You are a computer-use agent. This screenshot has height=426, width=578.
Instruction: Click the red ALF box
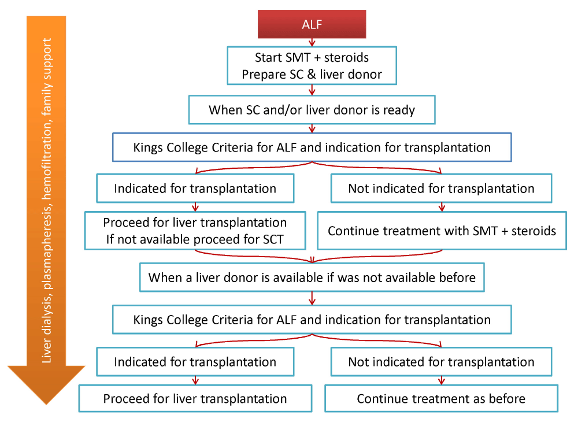(x=312, y=24)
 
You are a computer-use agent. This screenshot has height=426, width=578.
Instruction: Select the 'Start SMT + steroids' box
(x=312, y=65)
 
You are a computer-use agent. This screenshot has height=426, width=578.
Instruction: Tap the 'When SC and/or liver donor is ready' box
(x=312, y=110)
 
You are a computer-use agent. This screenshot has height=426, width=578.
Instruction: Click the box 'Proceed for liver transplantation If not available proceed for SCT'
(x=195, y=231)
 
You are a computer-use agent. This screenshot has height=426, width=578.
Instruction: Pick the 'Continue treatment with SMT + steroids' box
(x=442, y=231)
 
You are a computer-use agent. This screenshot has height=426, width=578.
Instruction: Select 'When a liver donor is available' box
(x=312, y=277)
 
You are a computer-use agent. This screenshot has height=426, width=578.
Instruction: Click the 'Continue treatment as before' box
(x=441, y=398)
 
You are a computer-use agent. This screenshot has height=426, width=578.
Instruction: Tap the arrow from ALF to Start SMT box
(x=312, y=42)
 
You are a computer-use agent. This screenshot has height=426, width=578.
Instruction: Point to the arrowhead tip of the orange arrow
(x=46, y=405)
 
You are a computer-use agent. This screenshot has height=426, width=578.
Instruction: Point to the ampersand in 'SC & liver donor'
(x=312, y=75)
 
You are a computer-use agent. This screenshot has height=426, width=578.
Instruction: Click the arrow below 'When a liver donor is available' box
(x=312, y=298)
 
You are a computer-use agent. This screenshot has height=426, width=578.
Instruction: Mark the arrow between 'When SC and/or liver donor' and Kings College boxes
(x=312, y=128)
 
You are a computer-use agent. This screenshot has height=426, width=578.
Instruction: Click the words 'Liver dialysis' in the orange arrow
(x=47, y=327)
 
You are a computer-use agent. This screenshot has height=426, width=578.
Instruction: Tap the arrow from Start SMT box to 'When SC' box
(x=312, y=90)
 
